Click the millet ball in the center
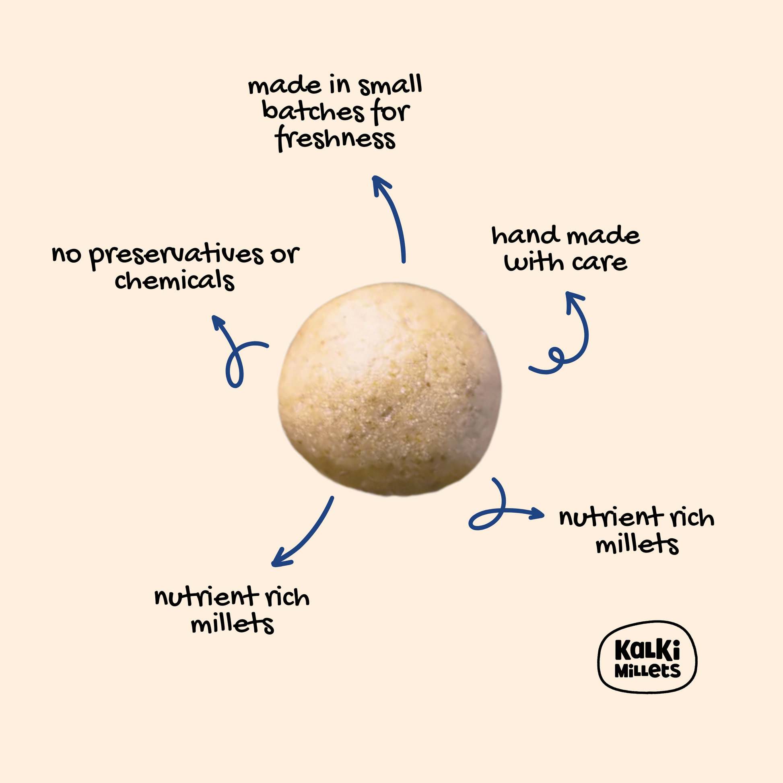pyautogui.click(x=389, y=389)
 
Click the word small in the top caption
pyautogui.click(x=390, y=85)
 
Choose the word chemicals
pyautogui.click(x=175, y=280)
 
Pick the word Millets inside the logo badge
pyautogui.click(x=647, y=671)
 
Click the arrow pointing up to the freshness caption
pyautogui.click(x=391, y=219)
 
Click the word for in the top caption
pyautogui.click(x=390, y=112)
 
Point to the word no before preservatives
pyautogui.click(x=66, y=256)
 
